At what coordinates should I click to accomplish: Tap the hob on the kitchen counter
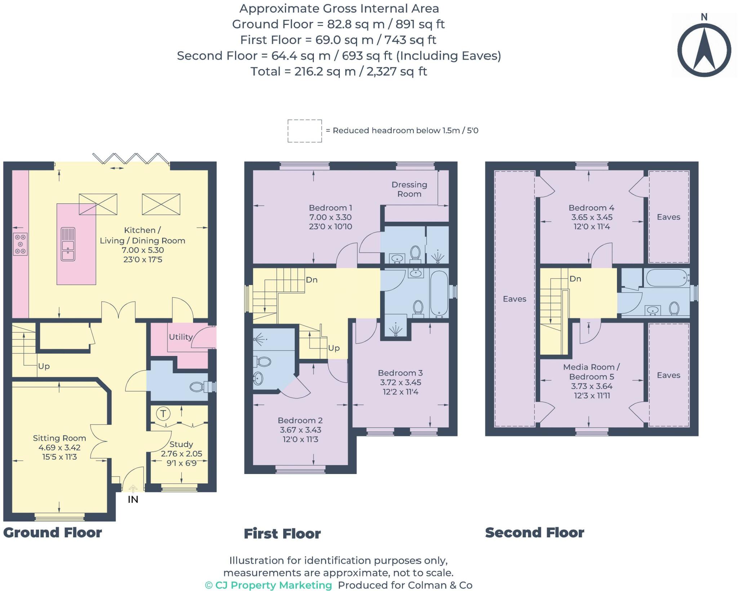coord(20,244)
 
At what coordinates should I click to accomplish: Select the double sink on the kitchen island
coord(68,244)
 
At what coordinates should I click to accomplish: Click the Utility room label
coord(181,337)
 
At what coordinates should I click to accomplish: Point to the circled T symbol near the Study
coord(163,414)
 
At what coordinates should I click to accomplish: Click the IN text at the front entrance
coord(133,500)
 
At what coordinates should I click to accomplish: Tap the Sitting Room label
coord(59,438)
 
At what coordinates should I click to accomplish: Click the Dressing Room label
coord(409,189)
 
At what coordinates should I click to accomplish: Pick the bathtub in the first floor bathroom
coord(439,293)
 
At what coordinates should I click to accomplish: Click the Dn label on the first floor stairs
coord(311,280)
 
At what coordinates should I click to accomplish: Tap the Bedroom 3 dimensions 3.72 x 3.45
coord(400,382)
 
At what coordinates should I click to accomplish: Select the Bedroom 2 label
coord(300,420)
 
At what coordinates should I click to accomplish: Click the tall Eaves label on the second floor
coord(514,299)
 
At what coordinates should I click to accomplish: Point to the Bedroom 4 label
coord(591,208)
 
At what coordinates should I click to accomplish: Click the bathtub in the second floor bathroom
coord(666,278)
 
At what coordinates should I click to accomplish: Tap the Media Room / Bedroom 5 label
coord(591,372)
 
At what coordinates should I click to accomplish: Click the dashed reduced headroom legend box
coord(304,131)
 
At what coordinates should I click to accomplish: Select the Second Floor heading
coord(534,532)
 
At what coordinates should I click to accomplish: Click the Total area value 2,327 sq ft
coord(396,72)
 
